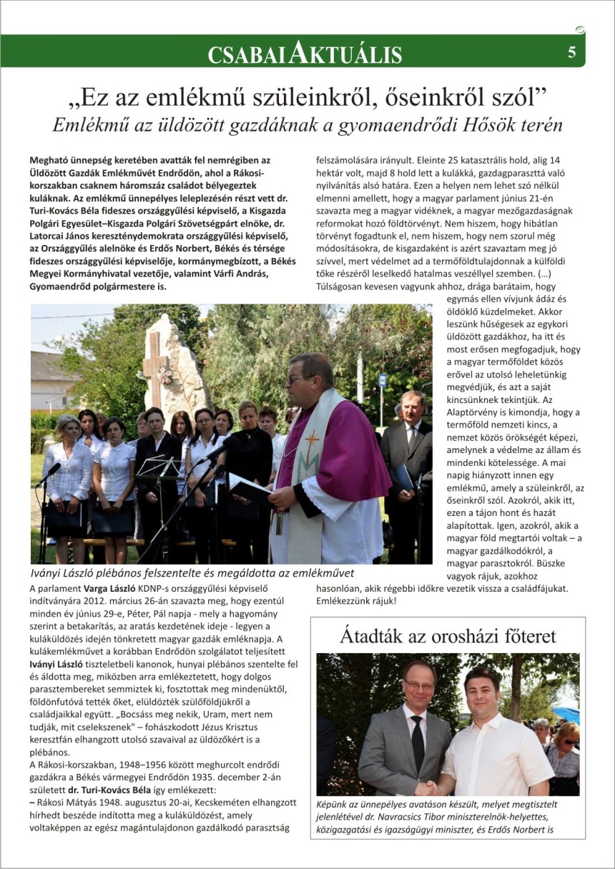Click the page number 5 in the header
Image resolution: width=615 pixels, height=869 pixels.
point(572,52)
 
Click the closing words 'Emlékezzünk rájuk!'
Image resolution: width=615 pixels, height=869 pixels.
point(356,601)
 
